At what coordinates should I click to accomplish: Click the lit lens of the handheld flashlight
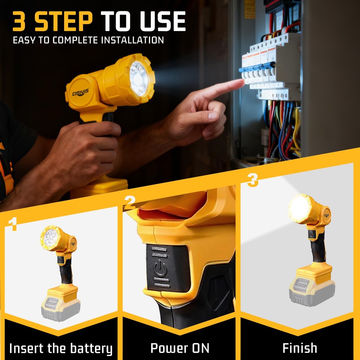click(x=139, y=79)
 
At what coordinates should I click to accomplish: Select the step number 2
click(x=130, y=203)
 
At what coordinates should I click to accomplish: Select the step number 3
click(x=252, y=180)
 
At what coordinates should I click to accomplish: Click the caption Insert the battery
click(x=60, y=348)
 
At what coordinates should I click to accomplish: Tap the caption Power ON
click(x=180, y=348)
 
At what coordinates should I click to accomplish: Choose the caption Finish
click(x=300, y=348)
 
